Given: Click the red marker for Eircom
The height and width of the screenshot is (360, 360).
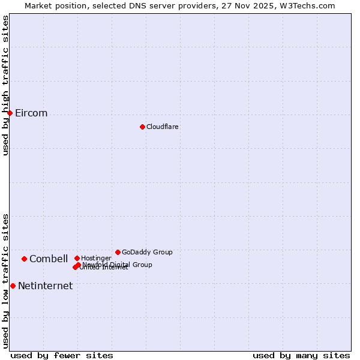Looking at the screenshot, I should click(10, 113).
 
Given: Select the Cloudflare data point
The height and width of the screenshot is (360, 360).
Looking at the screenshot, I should click(142, 127).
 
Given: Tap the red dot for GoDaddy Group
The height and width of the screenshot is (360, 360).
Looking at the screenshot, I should click(118, 252).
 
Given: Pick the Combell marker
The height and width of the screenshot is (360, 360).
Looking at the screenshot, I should click(24, 259).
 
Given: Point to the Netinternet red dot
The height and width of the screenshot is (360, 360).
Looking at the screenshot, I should click(13, 286).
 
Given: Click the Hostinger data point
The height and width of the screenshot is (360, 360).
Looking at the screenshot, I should click(77, 258).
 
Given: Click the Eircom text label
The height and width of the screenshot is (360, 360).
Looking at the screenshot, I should click(31, 113).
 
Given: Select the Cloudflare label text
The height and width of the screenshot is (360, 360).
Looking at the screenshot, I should click(162, 127).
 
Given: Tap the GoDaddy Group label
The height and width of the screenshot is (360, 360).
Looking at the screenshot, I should click(147, 252).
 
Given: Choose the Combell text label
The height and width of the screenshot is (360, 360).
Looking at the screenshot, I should click(49, 259).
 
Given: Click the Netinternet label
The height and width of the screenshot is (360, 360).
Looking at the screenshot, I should click(45, 286).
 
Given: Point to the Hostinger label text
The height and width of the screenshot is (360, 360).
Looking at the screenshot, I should click(96, 258).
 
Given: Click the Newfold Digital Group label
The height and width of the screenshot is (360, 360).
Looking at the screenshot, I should click(118, 264).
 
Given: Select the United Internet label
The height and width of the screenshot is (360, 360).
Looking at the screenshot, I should click(104, 268).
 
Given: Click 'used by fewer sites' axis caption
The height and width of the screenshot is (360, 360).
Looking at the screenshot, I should click(62, 355).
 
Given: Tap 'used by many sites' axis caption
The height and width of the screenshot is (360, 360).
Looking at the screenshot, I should click(301, 355).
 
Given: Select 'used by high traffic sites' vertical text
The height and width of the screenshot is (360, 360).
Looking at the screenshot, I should click(5, 85).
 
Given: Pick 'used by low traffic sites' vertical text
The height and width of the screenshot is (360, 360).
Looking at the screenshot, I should click(5, 280).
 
